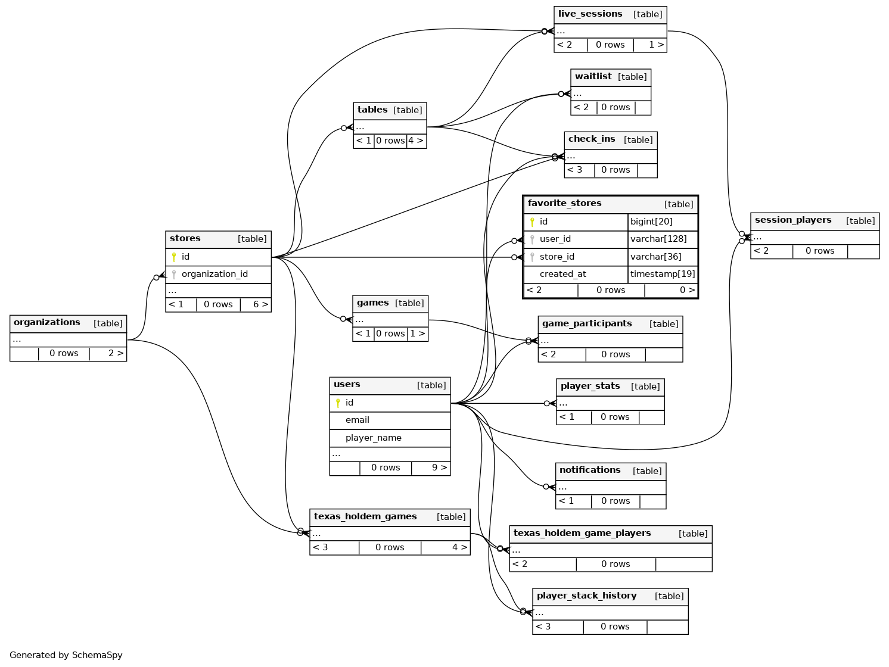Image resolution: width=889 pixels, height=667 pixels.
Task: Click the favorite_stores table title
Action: coord(564,204)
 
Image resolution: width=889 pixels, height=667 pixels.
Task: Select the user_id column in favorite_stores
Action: coord(555,239)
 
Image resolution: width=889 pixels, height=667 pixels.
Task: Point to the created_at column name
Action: coord(562,275)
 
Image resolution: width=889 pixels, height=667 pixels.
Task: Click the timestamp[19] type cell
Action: coord(663,275)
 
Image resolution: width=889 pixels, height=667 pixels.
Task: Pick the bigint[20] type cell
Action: coord(651,222)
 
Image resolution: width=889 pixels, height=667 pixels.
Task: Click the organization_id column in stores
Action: coord(215,275)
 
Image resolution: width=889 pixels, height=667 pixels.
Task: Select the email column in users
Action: coord(357,420)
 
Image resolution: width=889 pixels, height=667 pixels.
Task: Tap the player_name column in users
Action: coord(373,438)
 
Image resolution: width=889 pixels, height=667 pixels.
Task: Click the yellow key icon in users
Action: coord(338,403)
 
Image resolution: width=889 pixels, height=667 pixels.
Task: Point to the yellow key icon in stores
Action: coord(174,257)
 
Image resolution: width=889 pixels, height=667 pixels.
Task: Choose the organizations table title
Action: coord(46,323)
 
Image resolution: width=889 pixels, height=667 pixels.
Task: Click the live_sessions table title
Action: coord(590,14)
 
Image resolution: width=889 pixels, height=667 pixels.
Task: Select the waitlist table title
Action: coord(593,77)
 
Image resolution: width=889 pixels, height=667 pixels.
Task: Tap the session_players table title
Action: coord(792,220)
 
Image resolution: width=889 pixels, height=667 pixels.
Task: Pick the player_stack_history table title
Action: coord(586,596)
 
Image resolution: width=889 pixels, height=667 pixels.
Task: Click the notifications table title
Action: coord(589,470)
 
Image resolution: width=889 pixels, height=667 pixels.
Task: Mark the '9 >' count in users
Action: coord(439,468)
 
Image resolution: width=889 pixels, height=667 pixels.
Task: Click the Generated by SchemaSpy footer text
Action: coord(66,655)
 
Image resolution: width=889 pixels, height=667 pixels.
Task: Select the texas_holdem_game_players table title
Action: coord(582,534)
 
